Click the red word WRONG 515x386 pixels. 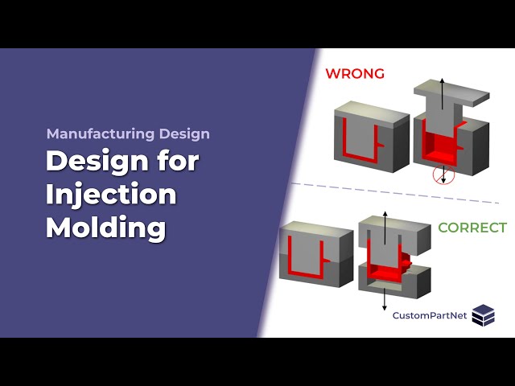(354, 73)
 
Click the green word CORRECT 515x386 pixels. (472, 228)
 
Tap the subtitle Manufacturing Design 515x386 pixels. (128, 134)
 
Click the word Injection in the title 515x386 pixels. (110, 195)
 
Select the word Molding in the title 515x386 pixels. (105, 228)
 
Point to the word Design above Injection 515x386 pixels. (122, 162)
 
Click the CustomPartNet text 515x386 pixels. (429, 315)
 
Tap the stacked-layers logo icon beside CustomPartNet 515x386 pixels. (484, 315)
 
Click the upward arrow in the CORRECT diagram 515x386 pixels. (385, 225)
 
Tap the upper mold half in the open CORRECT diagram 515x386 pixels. (402, 237)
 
